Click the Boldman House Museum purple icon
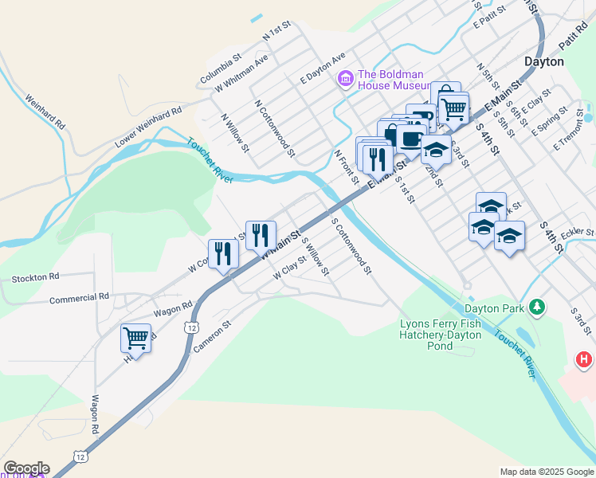pos(345,78)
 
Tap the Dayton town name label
pos(544,61)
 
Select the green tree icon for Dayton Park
pos(538,306)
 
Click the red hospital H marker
pos(584,360)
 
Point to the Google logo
pos(25,468)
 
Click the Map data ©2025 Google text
pos(547,472)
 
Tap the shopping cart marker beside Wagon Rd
pos(136,339)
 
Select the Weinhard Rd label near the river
pos(45,113)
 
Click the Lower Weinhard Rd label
pos(149,127)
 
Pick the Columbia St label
pos(220,69)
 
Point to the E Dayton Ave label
pos(322,69)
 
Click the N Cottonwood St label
pos(275,127)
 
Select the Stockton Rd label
pos(36,277)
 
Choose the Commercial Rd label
pos(79,298)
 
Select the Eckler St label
pos(578,233)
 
